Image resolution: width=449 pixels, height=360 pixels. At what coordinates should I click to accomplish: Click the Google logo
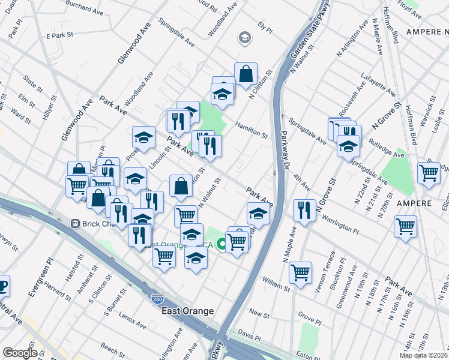tap(20, 353)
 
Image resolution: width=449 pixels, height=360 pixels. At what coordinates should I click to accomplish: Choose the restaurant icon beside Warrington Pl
tap(304, 210)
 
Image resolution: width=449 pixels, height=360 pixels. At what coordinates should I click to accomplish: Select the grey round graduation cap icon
tap(244, 39)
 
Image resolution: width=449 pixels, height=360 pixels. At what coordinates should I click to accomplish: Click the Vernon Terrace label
tap(318, 275)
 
